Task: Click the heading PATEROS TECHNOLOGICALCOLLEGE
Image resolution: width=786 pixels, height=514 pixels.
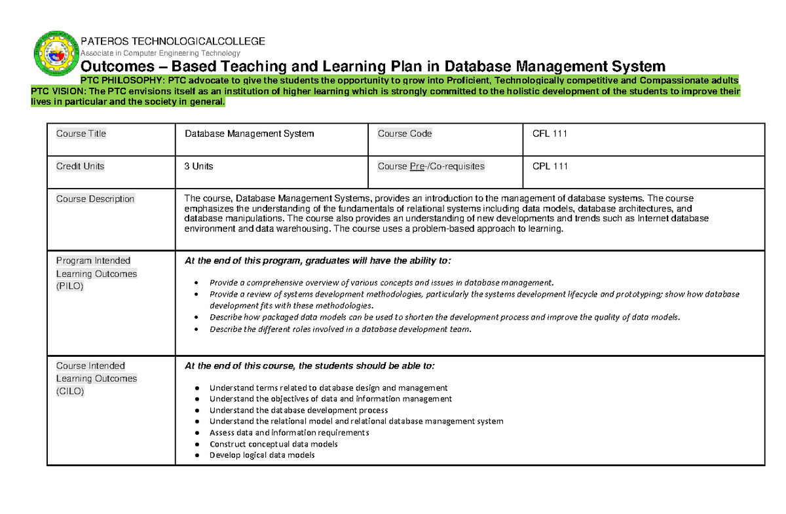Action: pyautogui.click(x=173, y=41)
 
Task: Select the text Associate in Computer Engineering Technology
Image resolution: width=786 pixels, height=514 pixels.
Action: pyautogui.click(x=160, y=53)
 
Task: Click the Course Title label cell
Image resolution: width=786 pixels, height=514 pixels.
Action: pyautogui.click(x=81, y=134)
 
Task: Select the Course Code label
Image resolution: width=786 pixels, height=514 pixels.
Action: pyautogui.click(x=404, y=134)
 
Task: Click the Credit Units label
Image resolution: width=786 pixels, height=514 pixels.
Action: pyautogui.click(x=80, y=166)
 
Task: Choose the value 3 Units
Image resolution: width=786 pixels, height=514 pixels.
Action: pyautogui.click(x=198, y=166)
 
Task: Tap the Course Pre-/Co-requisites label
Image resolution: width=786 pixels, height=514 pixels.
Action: pyautogui.click(x=431, y=166)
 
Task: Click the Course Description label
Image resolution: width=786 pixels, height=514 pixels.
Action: pyautogui.click(x=95, y=199)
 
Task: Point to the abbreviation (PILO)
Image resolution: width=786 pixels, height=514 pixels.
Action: pyautogui.click(x=70, y=286)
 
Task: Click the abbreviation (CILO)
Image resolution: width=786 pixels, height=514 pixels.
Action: pyautogui.click(x=70, y=391)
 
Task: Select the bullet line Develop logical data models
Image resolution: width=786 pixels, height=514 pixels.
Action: pyautogui.click(x=261, y=455)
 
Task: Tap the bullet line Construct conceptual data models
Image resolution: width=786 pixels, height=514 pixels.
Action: pyautogui.click(x=273, y=444)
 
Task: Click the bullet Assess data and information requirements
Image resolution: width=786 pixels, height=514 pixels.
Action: pyautogui.click(x=289, y=433)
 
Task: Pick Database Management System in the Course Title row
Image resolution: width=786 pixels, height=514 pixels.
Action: pyautogui.click(x=249, y=134)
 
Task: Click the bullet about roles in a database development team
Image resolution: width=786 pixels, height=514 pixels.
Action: pyautogui.click(x=340, y=329)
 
